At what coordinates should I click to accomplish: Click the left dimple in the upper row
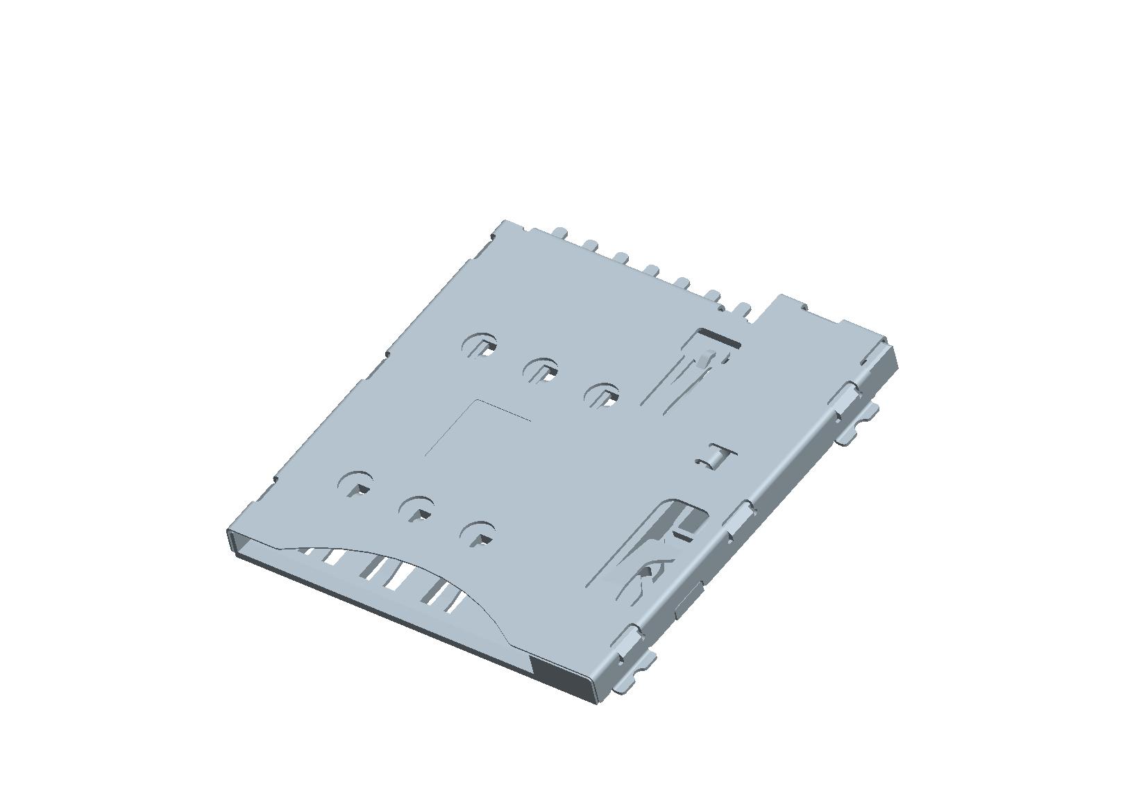tap(481, 345)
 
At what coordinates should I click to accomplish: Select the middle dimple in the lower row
tap(416, 509)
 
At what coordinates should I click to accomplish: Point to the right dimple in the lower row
tap(478, 533)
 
